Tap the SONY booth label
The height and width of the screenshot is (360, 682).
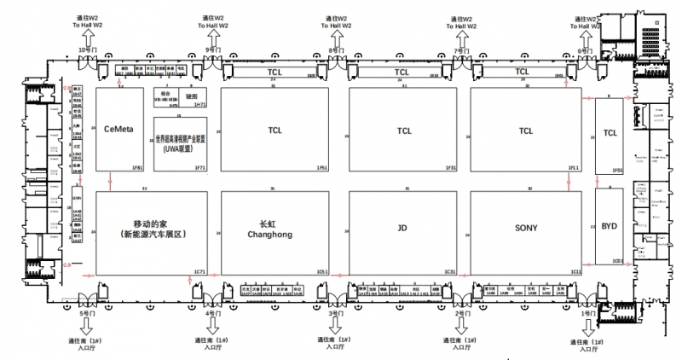[526, 228]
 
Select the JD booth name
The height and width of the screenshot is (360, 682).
[402, 228]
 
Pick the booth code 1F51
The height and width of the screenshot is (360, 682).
[322, 168]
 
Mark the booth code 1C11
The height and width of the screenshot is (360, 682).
[575, 271]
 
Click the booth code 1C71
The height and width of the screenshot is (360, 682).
[200, 271]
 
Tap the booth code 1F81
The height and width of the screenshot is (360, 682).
[137, 168]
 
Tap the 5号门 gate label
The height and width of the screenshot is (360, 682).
[88, 314]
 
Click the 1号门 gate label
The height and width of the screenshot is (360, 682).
[585, 314]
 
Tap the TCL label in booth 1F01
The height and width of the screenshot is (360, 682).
[610, 132]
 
